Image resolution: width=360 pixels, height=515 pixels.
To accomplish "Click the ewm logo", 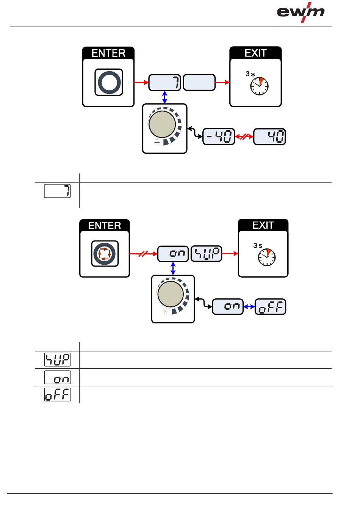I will click(x=301, y=12).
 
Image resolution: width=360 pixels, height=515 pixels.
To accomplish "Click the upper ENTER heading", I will click(x=108, y=53).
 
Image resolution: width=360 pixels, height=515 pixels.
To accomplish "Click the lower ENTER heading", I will click(x=105, y=226).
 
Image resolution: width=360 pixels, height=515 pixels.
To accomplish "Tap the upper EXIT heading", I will click(x=255, y=53).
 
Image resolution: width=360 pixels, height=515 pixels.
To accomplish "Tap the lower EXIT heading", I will click(x=263, y=225).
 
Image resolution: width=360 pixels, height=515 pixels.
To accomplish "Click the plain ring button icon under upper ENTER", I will click(x=108, y=82).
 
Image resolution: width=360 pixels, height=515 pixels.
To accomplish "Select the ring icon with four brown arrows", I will click(x=105, y=254).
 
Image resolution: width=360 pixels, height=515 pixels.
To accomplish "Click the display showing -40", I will click(x=219, y=137).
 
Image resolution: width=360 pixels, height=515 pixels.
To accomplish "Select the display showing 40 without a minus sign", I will click(x=269, y=137).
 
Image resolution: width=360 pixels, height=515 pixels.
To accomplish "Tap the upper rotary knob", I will click(x=163, y=124).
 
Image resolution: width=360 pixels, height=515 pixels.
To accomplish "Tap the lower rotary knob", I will click(x=171, y=294).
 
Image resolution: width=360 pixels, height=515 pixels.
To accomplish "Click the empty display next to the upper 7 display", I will click(x=199, y=83).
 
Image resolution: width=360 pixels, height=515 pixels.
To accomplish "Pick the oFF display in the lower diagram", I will click(x=271, y=307).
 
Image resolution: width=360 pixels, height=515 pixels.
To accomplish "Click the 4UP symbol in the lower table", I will click(x=58, y=359).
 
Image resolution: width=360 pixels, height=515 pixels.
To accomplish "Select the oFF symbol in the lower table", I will click(x=58, y=394).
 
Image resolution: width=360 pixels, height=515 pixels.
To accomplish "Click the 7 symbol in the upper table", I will click(x=58, y=191).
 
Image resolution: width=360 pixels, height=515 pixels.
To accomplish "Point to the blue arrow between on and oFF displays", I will click(x=249, y=307).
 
